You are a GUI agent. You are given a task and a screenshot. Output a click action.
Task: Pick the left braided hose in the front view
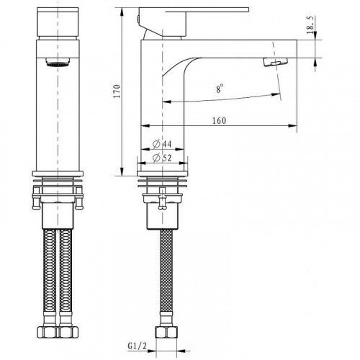click(x=48, y=281)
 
